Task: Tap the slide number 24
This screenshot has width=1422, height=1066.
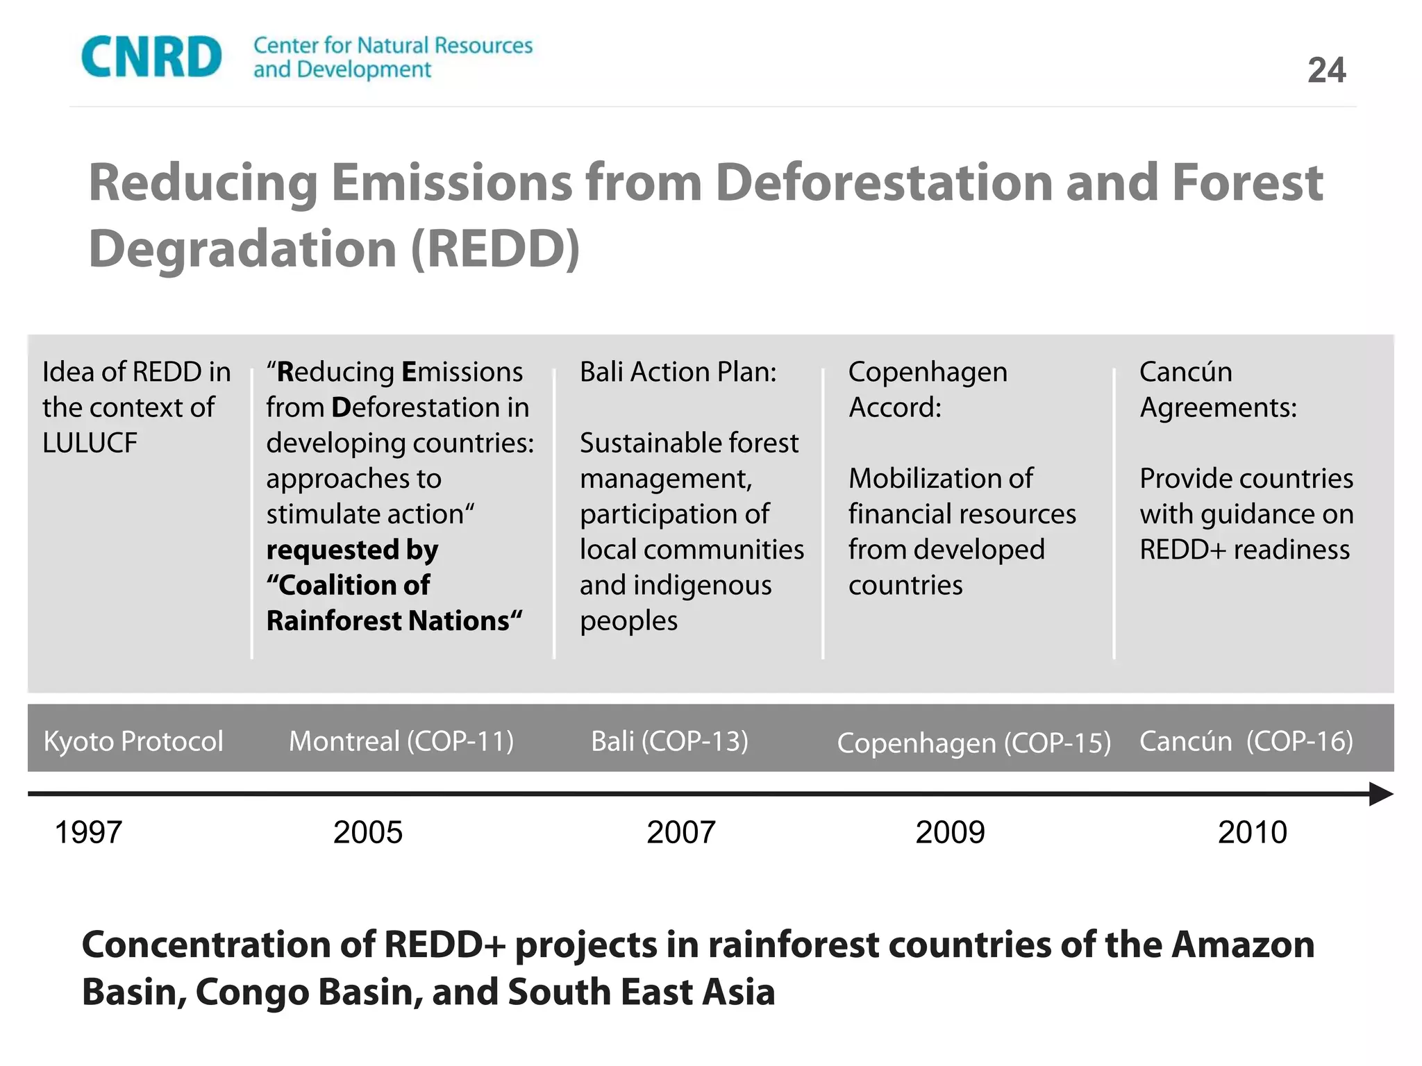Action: tap(1326, 70)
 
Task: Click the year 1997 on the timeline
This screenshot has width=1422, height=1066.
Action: tap(88, 832)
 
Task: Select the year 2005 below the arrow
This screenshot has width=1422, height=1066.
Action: tap(367, 832)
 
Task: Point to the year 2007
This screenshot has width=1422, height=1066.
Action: tap(680, 832)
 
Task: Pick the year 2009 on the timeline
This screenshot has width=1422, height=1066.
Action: tap(950, 832)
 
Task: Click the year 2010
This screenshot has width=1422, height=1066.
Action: tap(1252, 832)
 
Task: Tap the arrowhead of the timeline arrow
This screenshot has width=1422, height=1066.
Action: tap(1380, 794)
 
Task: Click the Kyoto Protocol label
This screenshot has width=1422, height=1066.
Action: tap(133, 741)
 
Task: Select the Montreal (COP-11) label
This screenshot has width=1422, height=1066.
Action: tap(401, 741)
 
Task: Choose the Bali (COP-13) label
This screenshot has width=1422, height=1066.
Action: tap(669, 741)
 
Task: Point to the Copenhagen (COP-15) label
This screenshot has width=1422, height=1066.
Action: tap(973, 743)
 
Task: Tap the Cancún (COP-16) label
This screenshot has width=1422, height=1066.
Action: tap(1246, 741)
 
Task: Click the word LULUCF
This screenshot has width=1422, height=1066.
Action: tap(90, 443)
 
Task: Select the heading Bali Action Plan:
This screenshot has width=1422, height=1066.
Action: tap(678, 372)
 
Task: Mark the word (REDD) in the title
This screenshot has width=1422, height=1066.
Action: tap(495, 248)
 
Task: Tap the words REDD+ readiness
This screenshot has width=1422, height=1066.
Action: tap(1244, 550)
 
